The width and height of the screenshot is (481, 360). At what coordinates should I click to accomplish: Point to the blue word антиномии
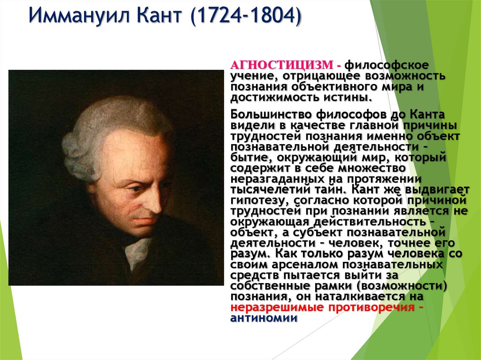click(x=264, y=318)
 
